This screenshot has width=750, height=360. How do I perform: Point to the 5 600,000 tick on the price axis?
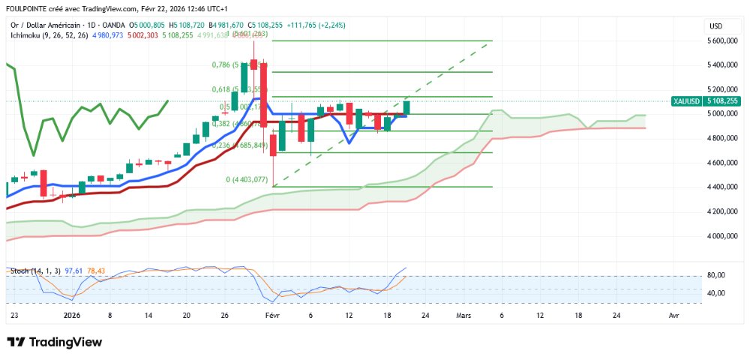click(724, 41)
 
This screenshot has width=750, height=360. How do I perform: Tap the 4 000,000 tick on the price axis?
click(724, 235)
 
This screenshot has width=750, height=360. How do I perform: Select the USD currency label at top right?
click(715, 26)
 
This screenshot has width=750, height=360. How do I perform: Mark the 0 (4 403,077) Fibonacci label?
click(247, 179)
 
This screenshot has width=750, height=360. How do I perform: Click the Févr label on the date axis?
click(272, 316)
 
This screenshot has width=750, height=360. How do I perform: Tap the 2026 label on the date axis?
click(72, 316)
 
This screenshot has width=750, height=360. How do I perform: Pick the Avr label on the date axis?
click(673, 316)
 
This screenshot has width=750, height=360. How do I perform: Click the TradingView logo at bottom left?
click(54, 342)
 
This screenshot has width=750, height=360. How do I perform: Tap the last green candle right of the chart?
click(407, 107)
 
